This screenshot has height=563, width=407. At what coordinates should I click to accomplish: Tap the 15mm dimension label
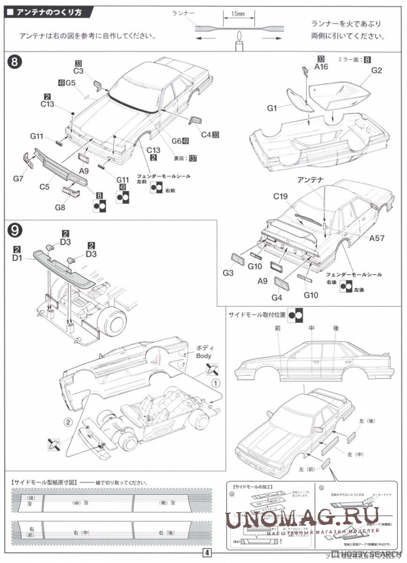pyautogui.click(x=238, y=13)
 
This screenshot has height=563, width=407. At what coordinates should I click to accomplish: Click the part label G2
pyautogui.click(x=377, y=70)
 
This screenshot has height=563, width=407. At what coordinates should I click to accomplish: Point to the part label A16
pyautogui.click(x=321, y=66)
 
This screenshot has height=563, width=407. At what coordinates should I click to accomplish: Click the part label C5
pyautogui.click(x=45, y=187)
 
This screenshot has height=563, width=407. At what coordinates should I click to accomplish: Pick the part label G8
pyautogui.click(x=60, y=208)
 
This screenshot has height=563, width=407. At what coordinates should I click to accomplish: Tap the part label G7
pyautogui.click(x=19, y=179)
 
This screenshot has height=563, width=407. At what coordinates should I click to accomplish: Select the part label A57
pyautogui.click(x=377, y=238)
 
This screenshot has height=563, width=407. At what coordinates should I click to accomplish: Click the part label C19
pyautogui.click(x=281, y=196)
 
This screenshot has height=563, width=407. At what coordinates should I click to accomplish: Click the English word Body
pyautogui.click(x=203, y=356)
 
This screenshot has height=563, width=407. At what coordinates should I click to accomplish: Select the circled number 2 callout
pyautogui.click(x=68, y=422)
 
